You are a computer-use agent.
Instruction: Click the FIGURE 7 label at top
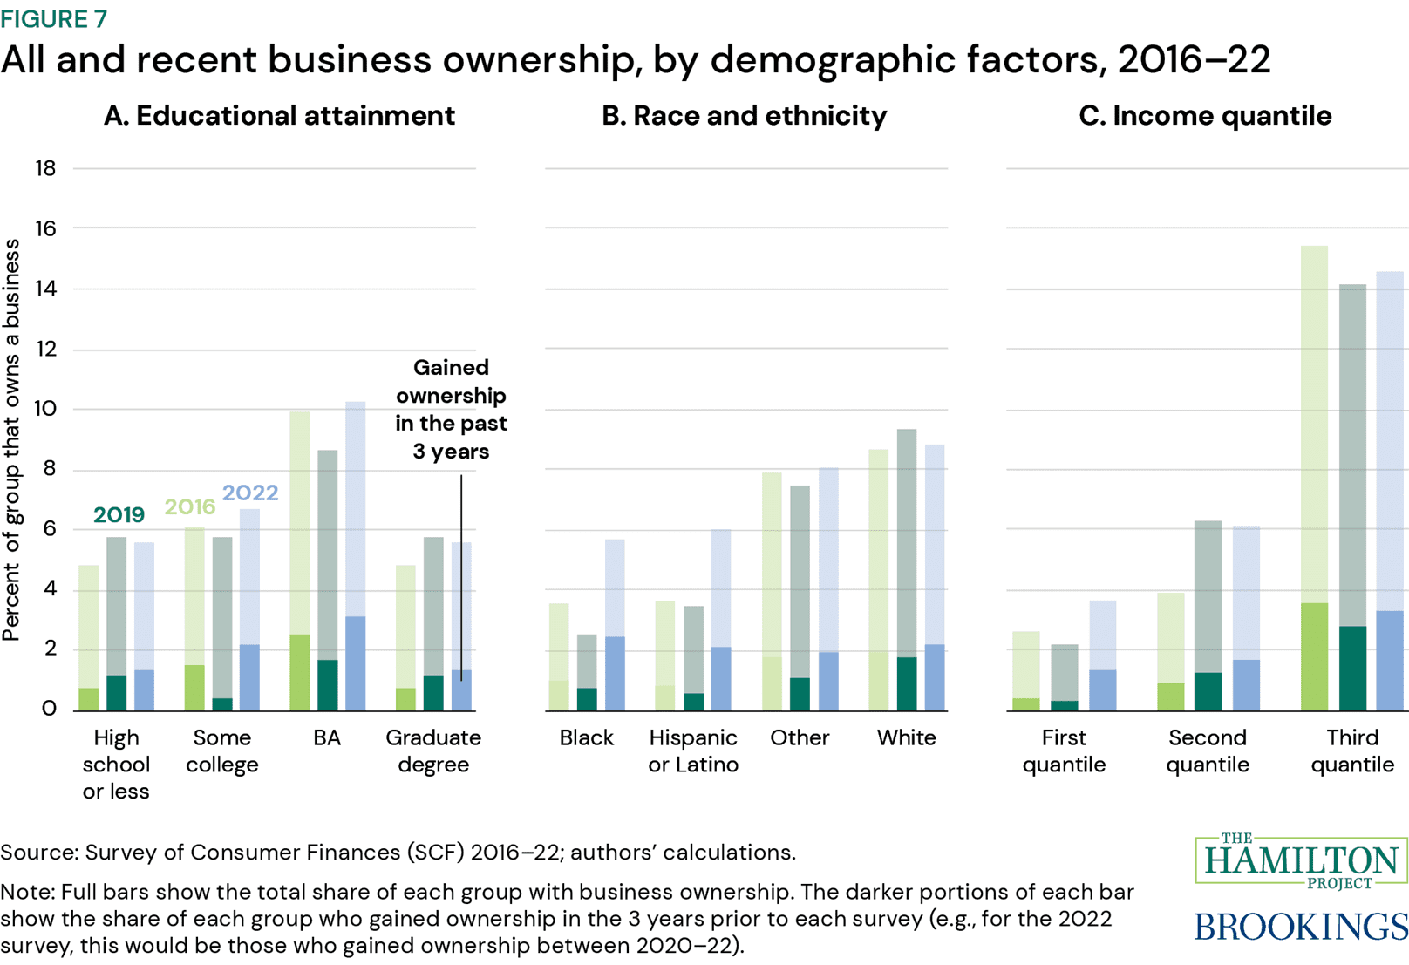tap(53, 18)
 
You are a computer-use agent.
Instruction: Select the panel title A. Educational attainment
tap(279, 116)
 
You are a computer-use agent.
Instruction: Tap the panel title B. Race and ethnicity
tap(744, 116)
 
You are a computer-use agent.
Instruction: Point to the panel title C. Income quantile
tap(1204, 116)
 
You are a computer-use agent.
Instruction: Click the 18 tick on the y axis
tap(45, 168)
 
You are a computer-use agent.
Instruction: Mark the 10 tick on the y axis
tap(45, 409)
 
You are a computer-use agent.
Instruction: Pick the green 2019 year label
tap(119, 515)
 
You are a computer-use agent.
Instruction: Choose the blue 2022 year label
tap(250, 493)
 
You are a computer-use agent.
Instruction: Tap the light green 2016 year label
tap(189, 506)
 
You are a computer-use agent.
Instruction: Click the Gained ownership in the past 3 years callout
tap(451, 409)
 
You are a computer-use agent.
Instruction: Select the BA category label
tap(327, 738)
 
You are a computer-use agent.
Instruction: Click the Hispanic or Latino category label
tap(693, 751)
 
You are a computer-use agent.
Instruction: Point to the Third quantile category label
tap(1352, 751)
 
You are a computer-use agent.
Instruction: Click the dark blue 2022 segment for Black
tap(615, 673)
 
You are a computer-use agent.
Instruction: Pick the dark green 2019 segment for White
tap(907, 684)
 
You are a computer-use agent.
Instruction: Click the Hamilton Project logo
tap(1301, 861)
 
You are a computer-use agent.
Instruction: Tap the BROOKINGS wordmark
tap(1301, 926)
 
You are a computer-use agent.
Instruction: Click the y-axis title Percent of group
tap(11, 440)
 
